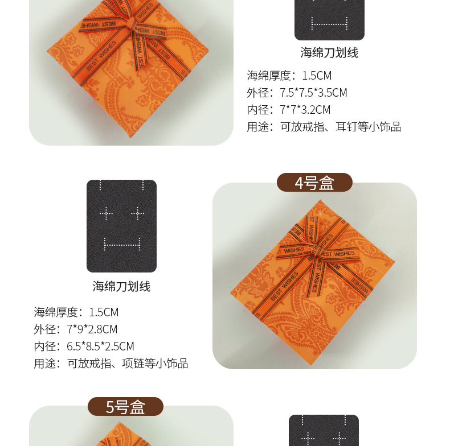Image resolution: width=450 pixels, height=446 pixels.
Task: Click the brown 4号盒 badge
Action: click(x=314, y=183)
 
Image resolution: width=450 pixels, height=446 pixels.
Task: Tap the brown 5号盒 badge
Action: click(x=125, y=407)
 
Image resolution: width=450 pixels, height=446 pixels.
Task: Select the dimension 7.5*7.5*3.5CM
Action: click(x=313, y=93)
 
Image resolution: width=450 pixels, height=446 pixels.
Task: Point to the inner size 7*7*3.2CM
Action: click(x=305, y=110)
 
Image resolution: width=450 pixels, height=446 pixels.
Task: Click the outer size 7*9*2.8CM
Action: click(x=92, y=329)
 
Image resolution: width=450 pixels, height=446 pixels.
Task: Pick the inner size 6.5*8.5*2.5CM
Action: click(x=100, y=346)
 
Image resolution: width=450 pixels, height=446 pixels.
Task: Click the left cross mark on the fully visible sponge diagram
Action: click(x=106, y=214)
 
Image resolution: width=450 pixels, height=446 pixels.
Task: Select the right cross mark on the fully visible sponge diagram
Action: click(x=137, y=214)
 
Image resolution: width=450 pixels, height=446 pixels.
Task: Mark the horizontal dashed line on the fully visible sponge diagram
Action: click(x=122, y=245)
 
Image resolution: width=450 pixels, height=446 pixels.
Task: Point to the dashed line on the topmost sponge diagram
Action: click(x=329, y=23)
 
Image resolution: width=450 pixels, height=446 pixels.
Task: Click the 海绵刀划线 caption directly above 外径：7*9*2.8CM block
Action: click(x=121, y=286)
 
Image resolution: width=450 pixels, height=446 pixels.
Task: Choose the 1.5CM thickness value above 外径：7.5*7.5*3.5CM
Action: click(x=317, y=76)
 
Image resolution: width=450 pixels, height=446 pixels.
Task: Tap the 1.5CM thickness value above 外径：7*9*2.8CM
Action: click(x=104, y=312)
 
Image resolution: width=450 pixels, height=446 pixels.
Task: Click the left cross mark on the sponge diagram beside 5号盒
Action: click(x=308, y=437)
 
